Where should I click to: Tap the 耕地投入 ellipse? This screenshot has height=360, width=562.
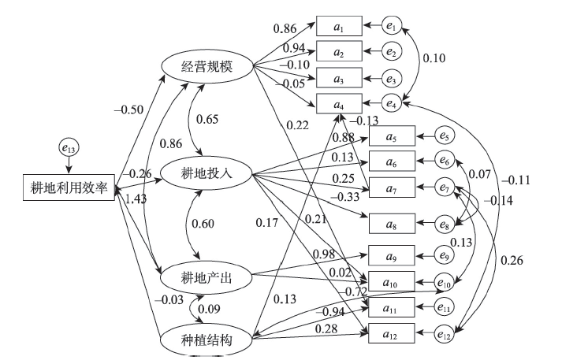click(x=206, y=172)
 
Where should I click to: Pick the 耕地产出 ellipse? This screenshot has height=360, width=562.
click(x=206, y=277)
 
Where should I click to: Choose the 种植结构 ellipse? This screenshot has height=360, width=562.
click(x=206, y=340)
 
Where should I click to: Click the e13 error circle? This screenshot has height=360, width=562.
click(x=69, y=146)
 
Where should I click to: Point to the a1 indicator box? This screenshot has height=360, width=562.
click(x=339, y=27)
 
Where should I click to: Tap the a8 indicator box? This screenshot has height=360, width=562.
click(x=391, y=224)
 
